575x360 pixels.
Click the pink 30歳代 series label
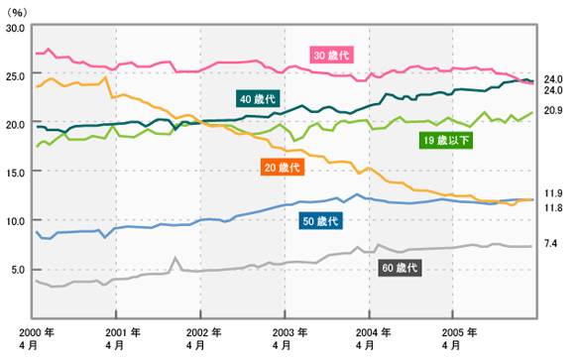pos(332,54)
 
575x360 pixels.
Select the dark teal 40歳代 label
pos(257,98)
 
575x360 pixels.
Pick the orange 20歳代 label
pos(283,168)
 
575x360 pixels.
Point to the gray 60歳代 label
pos(401,268)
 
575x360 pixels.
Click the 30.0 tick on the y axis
pos(16,29)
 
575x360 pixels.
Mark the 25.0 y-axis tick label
pos(16,76)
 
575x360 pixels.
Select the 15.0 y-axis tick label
pos(16,173)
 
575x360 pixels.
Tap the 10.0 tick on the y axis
pos(16,220)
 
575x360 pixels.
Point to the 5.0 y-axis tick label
pos(19,269)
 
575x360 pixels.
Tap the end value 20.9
pos(553,110)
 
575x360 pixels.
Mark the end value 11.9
pos(553,192)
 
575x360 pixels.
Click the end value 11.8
pos(553,208)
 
